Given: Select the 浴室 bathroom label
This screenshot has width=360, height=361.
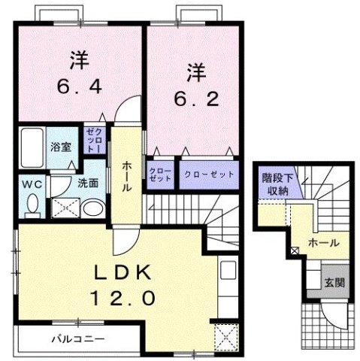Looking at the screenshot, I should (61, 147).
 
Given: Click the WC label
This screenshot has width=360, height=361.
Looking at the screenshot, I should (31, 184).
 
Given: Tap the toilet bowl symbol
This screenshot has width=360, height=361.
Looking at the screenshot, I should (32, 203).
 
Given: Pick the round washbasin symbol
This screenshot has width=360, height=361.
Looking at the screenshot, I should (92, 208).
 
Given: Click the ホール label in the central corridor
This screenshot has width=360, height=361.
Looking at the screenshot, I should (128, 174).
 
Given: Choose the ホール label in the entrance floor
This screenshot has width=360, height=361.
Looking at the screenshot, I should (323, 244).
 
